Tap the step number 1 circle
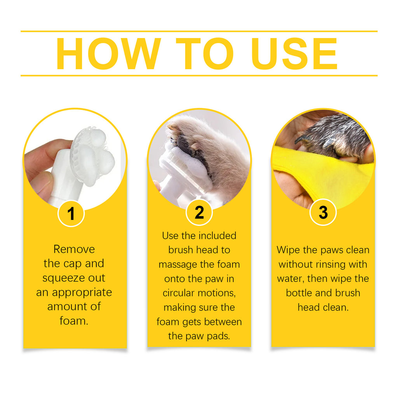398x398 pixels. click(x=71, y=213)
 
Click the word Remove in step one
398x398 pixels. click(x=74, y=249)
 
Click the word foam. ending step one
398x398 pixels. click(x=74, y=321)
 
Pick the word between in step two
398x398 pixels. click(x=223, y=322)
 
